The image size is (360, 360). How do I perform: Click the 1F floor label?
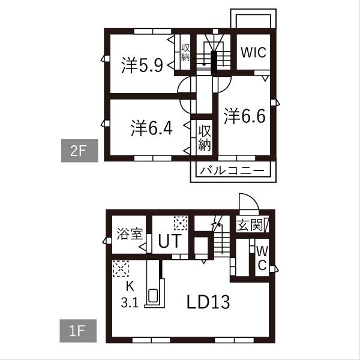(x=78, y=331)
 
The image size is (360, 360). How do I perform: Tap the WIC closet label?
(x=253, y=52)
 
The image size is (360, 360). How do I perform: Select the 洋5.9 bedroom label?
(x=142, y=65)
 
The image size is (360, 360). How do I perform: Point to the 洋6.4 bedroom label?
(x=152, y=128)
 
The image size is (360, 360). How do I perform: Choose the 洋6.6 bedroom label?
(x=245, y=116)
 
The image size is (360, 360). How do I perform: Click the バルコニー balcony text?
(x=232, y=171)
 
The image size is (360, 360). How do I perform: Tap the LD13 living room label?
(x=208, y=302)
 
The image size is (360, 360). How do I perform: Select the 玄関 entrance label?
(x=250, y=225)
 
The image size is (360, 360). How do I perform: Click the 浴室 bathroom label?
(x=130, y=234)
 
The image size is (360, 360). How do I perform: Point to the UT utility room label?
(x=170, y=241)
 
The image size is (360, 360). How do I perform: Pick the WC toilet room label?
(x=262, y=258)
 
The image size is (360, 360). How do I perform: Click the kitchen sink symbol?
(x=152, y=296)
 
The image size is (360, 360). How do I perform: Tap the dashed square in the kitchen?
(x=121, y=268)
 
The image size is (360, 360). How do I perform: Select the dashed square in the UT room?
(x=181, y=223)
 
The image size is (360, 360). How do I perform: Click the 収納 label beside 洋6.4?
(x=205, y=138)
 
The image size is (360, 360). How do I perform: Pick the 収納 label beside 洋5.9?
(x=185, y=53)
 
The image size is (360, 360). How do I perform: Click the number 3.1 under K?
(x=130, y=303)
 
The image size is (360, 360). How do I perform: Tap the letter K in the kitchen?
(x=130, y=287)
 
